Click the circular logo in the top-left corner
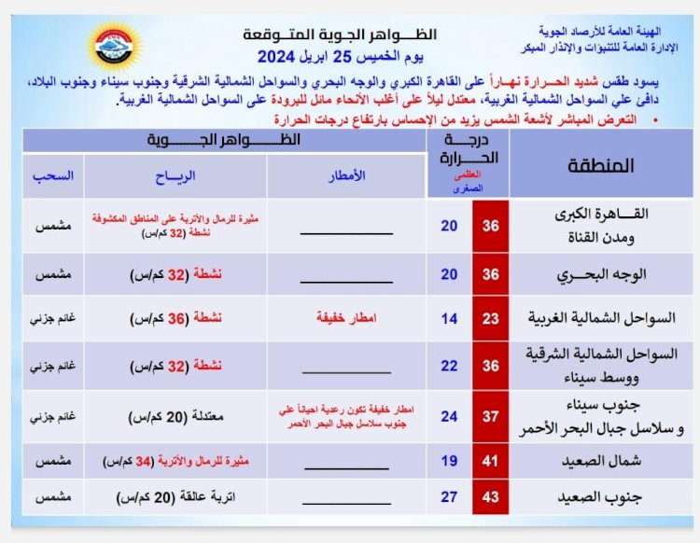tap(111, 48)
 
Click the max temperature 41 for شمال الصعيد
tap(490, 462)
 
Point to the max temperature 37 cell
tap(490, 416)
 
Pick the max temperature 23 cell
tap(490, 319)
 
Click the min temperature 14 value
tap(450, 319)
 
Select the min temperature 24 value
tap(450, 416)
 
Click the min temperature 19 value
tap(450, 462)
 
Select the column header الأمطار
tap(347, 175)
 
